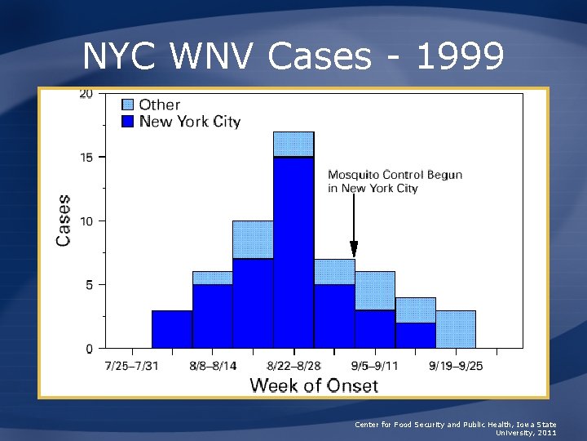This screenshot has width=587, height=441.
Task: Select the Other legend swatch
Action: click(128, 105)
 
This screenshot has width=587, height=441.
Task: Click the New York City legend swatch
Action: click(128, 122)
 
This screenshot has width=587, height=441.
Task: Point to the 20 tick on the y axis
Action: click(86, 93)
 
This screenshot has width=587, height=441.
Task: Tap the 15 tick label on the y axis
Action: click(86, 157)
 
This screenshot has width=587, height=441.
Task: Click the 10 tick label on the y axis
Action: click(86, 220)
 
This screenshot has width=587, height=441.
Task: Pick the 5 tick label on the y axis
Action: click(88, 284)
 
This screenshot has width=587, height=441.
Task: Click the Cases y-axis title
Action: click(64, 220)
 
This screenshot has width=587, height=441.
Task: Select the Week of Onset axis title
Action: click(313, 385)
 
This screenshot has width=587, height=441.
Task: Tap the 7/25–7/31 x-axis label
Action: click(132, 365)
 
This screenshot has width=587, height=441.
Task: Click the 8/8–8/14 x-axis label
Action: click(212, 365)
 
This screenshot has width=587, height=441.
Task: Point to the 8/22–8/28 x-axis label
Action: click(293, 365)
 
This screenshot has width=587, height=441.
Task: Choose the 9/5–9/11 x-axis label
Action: click(374, 365)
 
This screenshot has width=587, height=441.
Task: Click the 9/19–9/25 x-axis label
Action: click(455, 365)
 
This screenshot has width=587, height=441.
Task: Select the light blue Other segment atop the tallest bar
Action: click(293, 144)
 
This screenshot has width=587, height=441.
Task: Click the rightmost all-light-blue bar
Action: click(455, 329)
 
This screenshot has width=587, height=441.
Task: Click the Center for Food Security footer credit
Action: click(456, 428)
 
